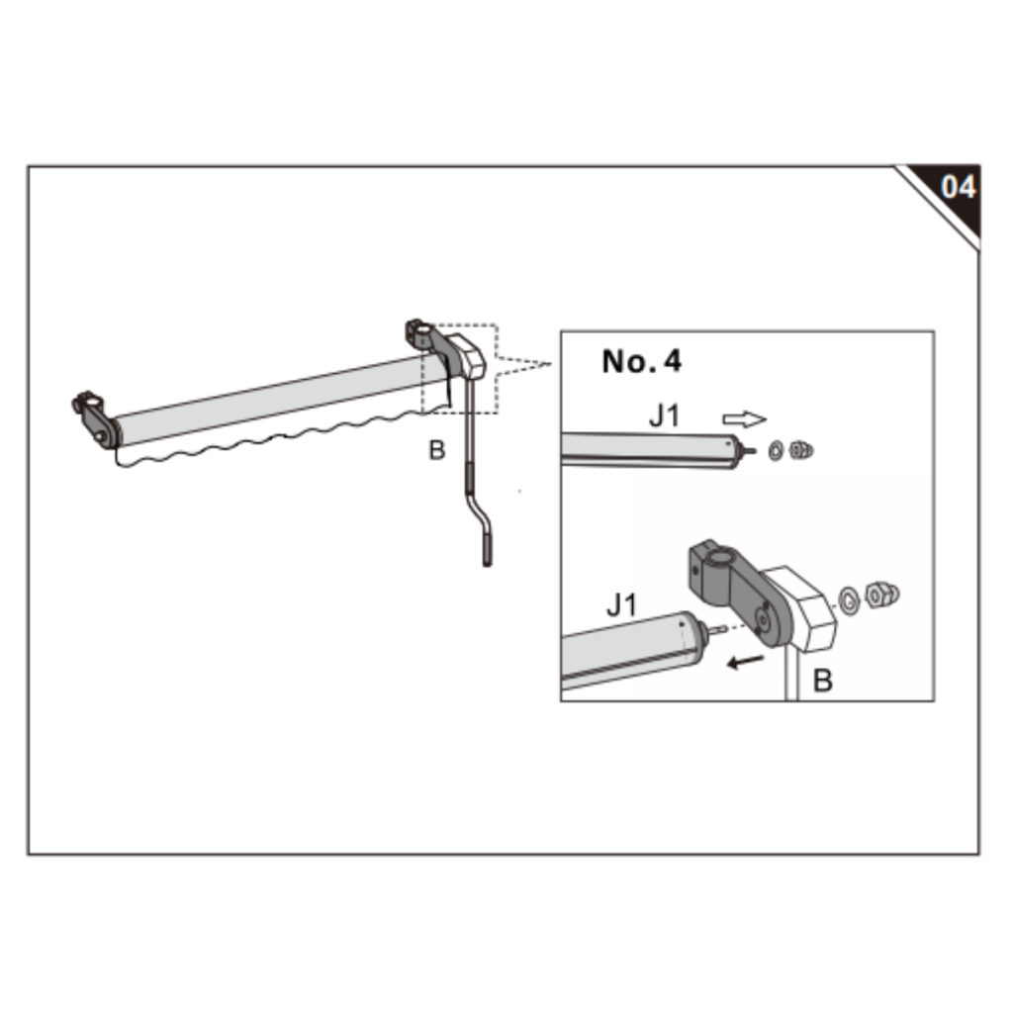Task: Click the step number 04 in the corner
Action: click(x=956, y=187)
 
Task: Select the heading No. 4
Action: click(x=641, y=361)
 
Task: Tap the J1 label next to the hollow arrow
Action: click(x=665, y=415)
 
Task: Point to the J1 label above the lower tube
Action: click(x=621, y=604)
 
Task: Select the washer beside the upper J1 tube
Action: click(x=776, y=451)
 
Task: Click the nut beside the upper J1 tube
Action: click(x=801, y=451)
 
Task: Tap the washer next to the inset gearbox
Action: click(x=849, y=598)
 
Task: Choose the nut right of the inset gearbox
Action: click(x=879, y=595)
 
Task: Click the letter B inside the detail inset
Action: click(x=822, y=681)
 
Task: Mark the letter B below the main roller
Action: click(x=436, y=450)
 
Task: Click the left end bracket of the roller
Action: click(x=96, y=417)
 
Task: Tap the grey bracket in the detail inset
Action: click(x=732, y=584)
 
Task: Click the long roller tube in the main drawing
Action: click(x=277, y=401)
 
